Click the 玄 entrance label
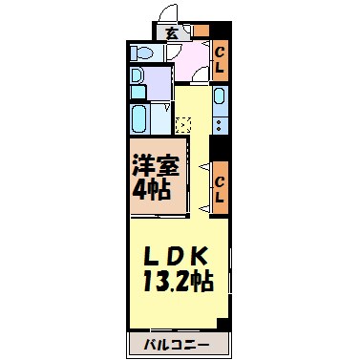pyautogui.click(x=171, y=33)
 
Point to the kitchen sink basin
pyautogui.click(x=220, y=95)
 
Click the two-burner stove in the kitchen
pyautogui.click(x=220, y=123)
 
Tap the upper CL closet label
pyautogui.click(x=219, y=62)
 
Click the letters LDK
pyautogui.click(x=177, y=255)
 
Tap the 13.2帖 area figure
pyautogui.click(x=177, y=282)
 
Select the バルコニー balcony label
pyautogui.click(x=178, y=342)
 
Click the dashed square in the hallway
pyautogui.click(x=183, y=123)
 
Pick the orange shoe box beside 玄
pyautogui.click(x=201, y=31)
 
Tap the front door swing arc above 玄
pyautogui.click(x=167, y=12)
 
